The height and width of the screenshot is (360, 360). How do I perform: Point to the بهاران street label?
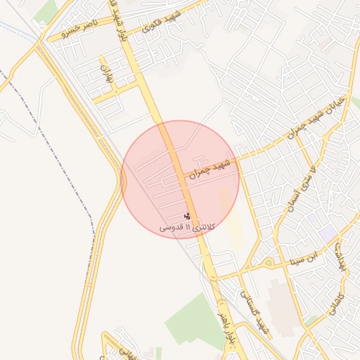(106, 76)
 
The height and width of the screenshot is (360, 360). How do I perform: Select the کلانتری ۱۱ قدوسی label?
(186, 227)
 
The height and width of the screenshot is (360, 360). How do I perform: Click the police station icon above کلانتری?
(187, 216)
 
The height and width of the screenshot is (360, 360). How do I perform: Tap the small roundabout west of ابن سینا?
(268, 264)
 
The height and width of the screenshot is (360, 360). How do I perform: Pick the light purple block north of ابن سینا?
(327, 231)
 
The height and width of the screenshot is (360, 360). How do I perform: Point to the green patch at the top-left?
(46, 11)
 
